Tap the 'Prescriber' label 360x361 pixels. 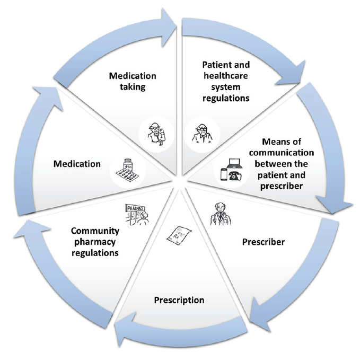[263, 242]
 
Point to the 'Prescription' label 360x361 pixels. [179, 300]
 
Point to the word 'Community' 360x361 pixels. [95, 231]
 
